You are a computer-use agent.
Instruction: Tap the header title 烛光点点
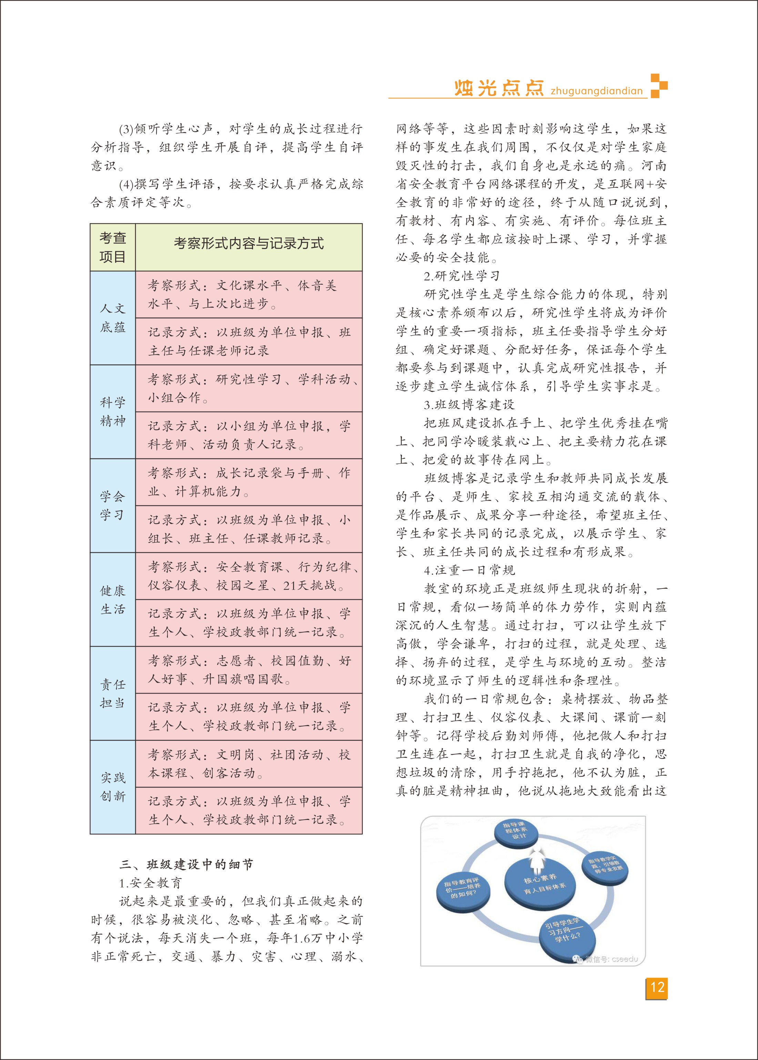click(x=499, y=88)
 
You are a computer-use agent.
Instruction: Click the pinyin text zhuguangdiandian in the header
click(x=596, y=91)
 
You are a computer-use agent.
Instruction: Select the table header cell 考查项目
click(x=112, y=247)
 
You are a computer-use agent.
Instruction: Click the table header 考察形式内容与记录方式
click(x=249, y=243)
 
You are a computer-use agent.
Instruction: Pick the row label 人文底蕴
click(x=112, y=318)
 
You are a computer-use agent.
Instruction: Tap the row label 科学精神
click(x=112, y=412)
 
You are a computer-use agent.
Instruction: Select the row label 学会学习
click(x=112, y=506)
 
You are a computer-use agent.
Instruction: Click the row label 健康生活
click(x=112, y=600)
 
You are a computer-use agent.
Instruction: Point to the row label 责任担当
click(x=112, y=693)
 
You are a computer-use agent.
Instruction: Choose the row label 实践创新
click(x=112, y=787)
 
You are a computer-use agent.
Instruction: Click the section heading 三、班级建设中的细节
click(x=186, y=865)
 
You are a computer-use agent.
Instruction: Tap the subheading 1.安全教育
click(x=151, y=883)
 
